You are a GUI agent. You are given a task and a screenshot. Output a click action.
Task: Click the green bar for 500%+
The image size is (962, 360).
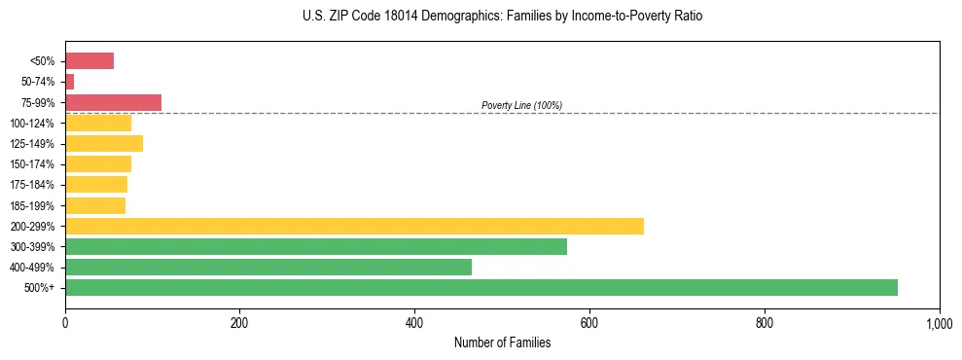coord(481,287)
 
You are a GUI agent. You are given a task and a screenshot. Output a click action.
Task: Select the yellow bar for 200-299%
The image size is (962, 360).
coord(354,226)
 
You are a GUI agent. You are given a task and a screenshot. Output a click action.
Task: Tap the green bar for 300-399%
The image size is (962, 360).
coord(315,246)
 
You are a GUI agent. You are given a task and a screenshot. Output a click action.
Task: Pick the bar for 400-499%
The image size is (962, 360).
coord(267,267)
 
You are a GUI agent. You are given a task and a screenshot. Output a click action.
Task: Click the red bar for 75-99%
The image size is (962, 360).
coord(113,102)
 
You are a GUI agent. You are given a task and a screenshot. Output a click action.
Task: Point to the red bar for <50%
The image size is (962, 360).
coord(89,61)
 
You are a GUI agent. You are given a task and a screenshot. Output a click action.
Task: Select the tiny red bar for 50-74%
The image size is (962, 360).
coord(69,82)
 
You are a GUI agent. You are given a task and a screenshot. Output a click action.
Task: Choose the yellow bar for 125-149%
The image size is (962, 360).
coord(104,143)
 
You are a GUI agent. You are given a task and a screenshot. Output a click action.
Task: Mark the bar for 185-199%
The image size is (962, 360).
coord(95,205)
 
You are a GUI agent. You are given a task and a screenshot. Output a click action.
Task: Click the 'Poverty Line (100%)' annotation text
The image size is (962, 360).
coord(521,105)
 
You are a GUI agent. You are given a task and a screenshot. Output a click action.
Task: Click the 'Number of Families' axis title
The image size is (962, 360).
coord(502,342)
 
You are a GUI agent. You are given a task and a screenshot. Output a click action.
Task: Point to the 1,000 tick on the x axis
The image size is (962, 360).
coord(939,322)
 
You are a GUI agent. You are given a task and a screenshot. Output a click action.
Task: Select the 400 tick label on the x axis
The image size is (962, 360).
coord(414,322)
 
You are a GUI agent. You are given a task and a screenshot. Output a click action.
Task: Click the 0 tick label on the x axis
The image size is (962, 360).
coord(65,322)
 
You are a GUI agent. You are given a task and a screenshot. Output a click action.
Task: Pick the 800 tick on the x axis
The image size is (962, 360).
coord(765,322)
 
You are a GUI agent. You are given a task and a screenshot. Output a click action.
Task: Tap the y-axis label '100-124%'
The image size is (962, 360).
coord(32,124)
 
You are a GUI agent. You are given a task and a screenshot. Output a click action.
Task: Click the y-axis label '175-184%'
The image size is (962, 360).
coord(32,185)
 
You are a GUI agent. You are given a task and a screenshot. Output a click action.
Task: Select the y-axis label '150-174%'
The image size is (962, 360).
coord(32,164)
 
